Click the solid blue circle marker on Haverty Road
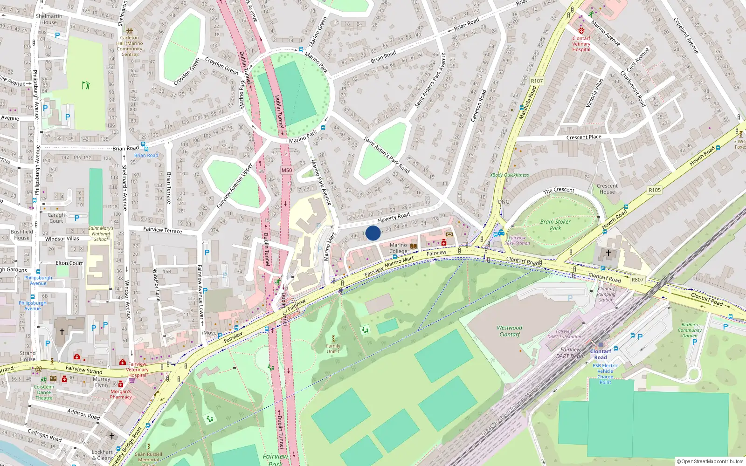pyautogui.click(x=373, y=233)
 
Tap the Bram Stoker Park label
pyautogui.click(x=555, y=225)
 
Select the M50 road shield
pyautogui.click(x=287, y=170)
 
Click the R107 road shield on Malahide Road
pyautogui.click(x=537, y=81)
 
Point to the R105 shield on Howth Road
pyautogui.click(x=655, y=190)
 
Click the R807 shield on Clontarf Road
pyautogui.click(x=637, y=280)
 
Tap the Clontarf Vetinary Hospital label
pyautogui.click(x=581, y=44)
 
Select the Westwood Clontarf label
pyautogui.click(x=510, y=331)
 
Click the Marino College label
pyautogui.click(x=398, y=248)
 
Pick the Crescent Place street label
pyautogui.click(x=584, y=137)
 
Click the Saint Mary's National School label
pyautogui.click(x=101, y=233)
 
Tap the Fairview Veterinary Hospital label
pyautogui.click(x=137, y=370)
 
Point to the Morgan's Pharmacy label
pyautogui.click(x=121, y=394)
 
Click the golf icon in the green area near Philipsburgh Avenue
pyautogui.click(x=86, y=85)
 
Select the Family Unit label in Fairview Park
pyautogui.click(x=333, y=349)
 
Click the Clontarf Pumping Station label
pyautogui.click(x=606, y=294)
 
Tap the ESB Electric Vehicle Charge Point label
pyautogui.click(x=605, y=374)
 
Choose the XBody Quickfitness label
pyautogui.click(x=509, y=175)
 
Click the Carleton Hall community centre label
pyautogui.click(x=130, y=46)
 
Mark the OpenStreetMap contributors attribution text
pyautogui.click(x=710, y=461)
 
